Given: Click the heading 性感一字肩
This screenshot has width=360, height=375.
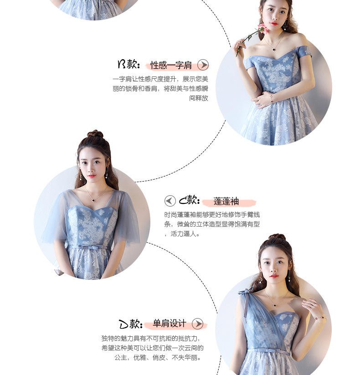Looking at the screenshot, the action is point(171,65).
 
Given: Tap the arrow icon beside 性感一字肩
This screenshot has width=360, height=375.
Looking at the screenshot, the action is point(203,65).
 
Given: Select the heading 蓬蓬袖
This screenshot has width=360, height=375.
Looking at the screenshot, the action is point(226,201).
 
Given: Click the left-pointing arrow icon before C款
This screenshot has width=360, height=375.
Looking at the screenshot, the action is point(170,201).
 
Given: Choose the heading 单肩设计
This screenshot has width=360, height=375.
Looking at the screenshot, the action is point(170,323).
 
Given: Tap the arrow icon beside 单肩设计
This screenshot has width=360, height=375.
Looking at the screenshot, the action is point(198,324).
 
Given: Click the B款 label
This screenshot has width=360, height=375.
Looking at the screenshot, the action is point(129,64).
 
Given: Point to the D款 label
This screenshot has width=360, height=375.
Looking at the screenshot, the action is point(130,324).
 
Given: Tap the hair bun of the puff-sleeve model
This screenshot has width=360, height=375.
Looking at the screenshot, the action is point(95,134).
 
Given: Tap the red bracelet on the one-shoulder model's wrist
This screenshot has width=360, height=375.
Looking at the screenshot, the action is point(319,318).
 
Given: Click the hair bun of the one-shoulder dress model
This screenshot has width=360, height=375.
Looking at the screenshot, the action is point(277,237).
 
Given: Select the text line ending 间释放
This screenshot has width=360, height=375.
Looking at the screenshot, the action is point(199,98).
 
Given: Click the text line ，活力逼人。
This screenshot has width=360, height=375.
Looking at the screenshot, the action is point(182,233).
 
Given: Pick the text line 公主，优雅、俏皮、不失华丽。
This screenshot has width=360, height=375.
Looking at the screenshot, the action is point(158,358).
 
